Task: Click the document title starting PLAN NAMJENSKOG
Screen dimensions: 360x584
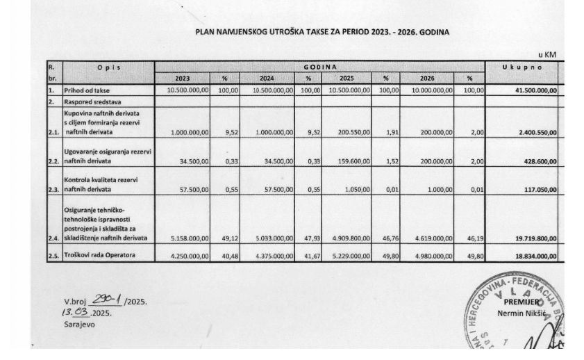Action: click(322, 31)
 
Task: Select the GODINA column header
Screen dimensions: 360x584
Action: click(319, 67)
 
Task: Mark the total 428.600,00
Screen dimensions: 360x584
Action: click(536, 159)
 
